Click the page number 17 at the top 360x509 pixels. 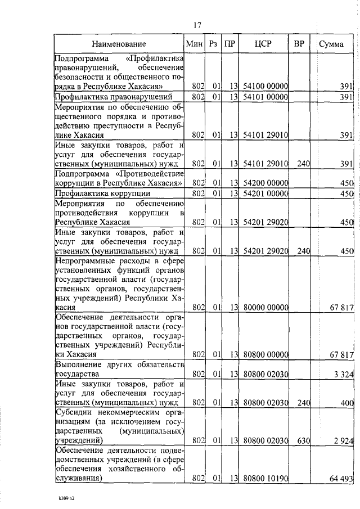[x=197, y=25]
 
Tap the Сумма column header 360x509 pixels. [x=332, y=44]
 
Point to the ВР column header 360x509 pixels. [x=299, y=44]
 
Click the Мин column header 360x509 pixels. [x=194, y=44]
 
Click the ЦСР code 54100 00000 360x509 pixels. [x=265, y=86]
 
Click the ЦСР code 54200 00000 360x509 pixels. [x=265, y=183]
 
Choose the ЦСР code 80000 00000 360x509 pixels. [x=265, y=308]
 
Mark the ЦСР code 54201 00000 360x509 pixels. [x=265, y=193]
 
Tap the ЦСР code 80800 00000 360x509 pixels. [x=265, y=354]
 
